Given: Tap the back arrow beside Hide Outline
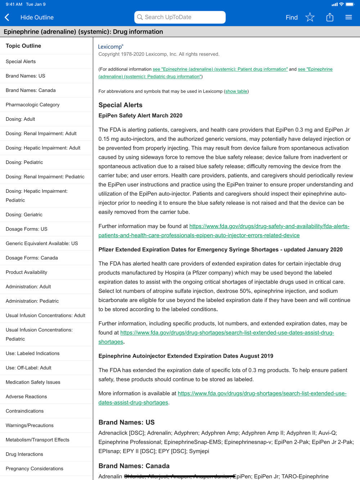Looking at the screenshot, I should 7,17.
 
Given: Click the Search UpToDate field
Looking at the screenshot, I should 180,17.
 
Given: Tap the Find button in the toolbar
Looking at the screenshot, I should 292,17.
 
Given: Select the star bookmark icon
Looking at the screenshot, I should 310,17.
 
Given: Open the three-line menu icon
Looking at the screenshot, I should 348,17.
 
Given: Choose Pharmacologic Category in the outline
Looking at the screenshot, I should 33,105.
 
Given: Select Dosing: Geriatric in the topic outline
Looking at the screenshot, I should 24,215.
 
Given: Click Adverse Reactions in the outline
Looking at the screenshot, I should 26,397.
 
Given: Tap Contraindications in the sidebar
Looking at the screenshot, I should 24,411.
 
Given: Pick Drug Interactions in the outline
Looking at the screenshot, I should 24,454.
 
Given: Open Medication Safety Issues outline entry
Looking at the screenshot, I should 33,382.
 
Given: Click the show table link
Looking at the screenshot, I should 236,91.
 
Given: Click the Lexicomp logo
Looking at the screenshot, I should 111,46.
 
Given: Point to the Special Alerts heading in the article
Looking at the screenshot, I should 121,105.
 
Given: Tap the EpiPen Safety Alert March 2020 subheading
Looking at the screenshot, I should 140,116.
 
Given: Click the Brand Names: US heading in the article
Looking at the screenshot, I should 126,422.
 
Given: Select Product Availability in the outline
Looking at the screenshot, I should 27,272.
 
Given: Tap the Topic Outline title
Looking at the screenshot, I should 23,46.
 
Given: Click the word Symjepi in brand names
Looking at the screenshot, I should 199,451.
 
